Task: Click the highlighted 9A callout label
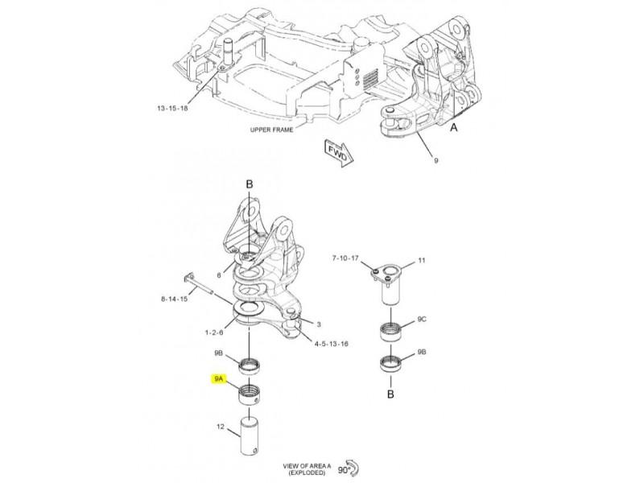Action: tap(218, 378)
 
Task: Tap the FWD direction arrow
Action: tap(338, 152)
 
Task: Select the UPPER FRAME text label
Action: tap(271, 130)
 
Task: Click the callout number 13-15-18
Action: tap(172, 109)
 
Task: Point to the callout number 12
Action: tap(221, 427)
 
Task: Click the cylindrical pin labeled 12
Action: tap(251, 436)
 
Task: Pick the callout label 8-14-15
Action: tap(174, 299)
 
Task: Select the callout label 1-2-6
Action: tap(214, 332)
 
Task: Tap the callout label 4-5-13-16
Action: tap(331, 344)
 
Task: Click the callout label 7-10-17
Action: tap(345, 258)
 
